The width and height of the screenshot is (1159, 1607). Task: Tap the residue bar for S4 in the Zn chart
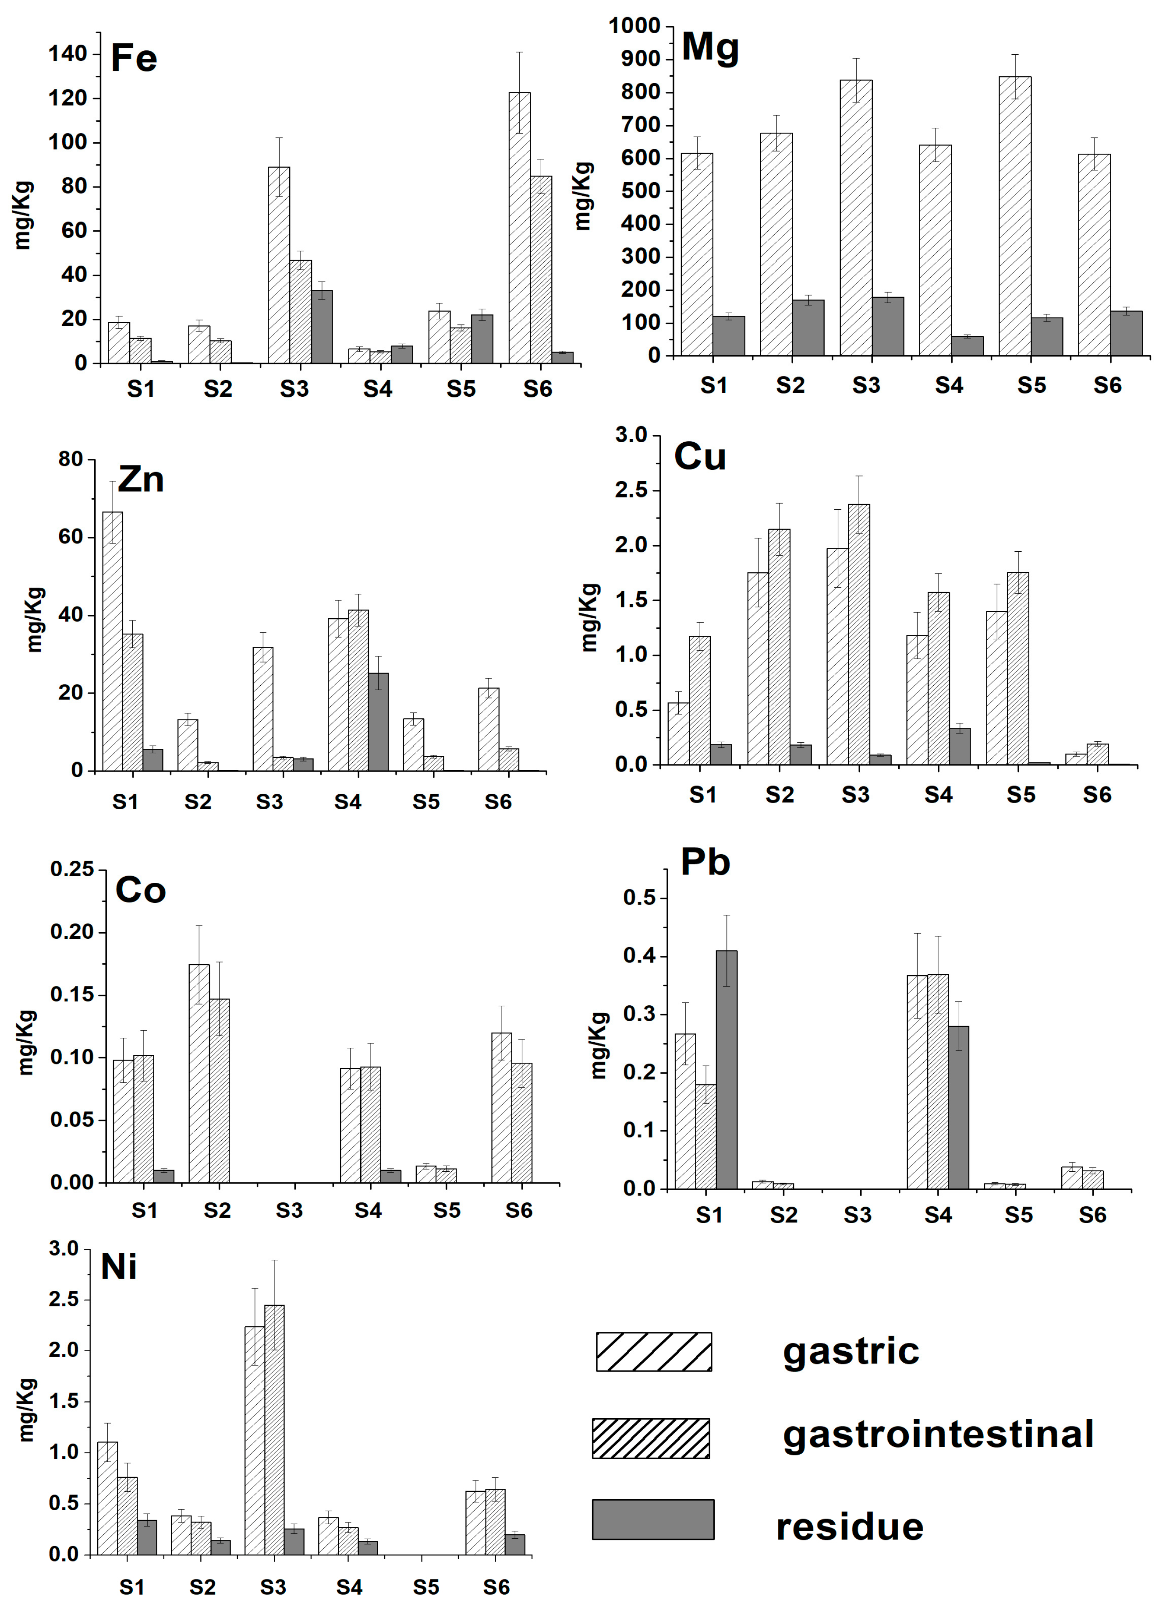(x=378, y=721)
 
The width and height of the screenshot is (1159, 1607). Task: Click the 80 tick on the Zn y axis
(x=71, y=459)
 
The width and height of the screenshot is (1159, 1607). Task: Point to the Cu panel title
(x=700, y=456)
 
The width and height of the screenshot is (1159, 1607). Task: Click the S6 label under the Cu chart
(x=1097, y=795)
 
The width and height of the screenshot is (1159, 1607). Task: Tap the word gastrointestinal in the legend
(x=938, y=1434)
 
